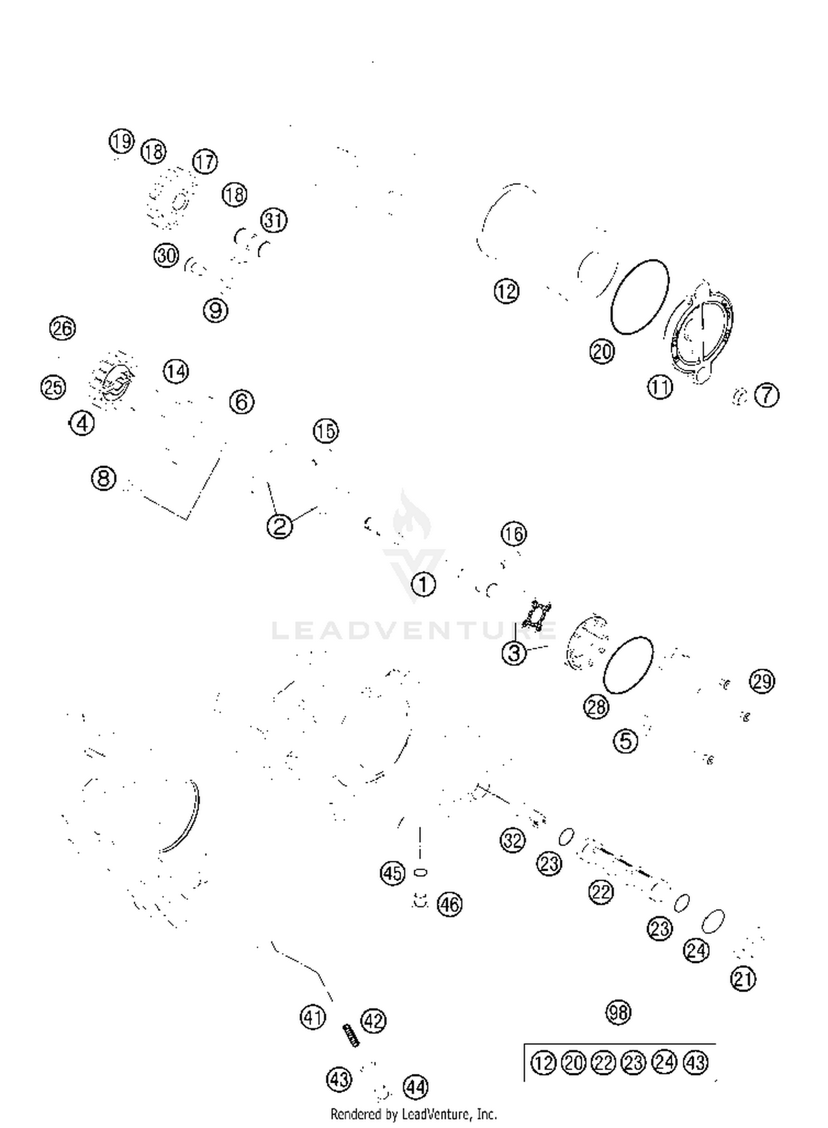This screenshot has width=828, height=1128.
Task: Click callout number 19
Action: coord(121,141)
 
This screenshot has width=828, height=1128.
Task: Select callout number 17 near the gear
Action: coord(205,162)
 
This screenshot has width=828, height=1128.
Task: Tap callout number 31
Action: coord(274,220)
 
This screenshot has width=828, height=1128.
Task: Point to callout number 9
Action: coord(215,310)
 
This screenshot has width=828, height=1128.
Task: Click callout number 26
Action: coord(62,329)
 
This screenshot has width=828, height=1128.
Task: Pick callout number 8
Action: coord(104,478)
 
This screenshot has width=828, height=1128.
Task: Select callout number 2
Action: coord(279,526)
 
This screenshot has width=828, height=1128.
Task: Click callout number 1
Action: coord(423,584)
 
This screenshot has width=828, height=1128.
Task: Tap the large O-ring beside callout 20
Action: coord(640,296)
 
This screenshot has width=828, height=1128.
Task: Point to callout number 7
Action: coord(767,395)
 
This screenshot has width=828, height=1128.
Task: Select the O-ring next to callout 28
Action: coord(628,665)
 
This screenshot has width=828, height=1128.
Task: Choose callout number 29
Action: coord(762,681)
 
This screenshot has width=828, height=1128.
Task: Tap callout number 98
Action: coord(618,1012)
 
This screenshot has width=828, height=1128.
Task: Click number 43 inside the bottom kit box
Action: coord(696,1062)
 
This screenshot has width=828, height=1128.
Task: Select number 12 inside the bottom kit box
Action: coord(543,1062)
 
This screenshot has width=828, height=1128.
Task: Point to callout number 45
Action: coord(392,873)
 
